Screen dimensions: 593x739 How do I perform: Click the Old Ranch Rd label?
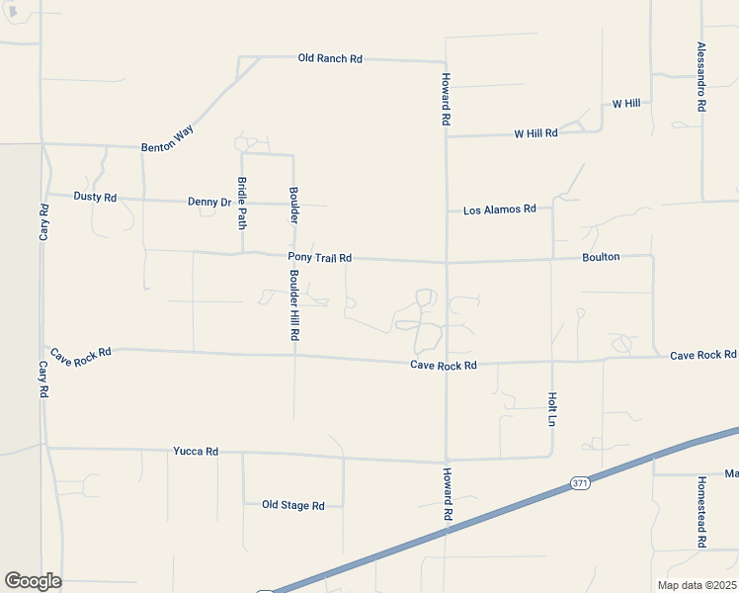pos(330,58)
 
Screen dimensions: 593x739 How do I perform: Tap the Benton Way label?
pos(167,137)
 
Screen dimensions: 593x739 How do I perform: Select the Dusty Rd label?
pos(95,197)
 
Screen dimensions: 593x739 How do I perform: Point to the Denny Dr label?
pos(208,202)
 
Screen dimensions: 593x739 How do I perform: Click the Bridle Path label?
pos(242,202)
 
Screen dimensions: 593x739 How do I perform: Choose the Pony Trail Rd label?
pos(319,258)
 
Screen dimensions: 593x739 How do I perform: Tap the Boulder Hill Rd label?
pos(293,309)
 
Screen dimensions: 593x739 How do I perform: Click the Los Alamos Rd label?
pos(499,210)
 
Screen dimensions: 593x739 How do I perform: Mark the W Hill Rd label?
pos(535,132)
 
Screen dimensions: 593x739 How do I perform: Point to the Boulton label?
pos(601,257)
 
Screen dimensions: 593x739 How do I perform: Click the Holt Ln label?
pos(552,408)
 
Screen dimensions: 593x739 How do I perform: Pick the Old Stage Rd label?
pos(292,505)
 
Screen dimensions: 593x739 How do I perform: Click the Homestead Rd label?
pos(701,513)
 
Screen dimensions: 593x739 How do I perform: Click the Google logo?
pos(33,580)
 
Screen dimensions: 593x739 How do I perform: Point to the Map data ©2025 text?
pos(696,584)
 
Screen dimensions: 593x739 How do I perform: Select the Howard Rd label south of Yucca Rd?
pos(447,494)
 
